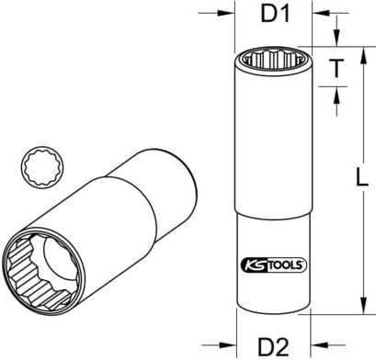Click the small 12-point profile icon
coord(38,168)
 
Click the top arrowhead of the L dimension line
coord(365,52)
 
